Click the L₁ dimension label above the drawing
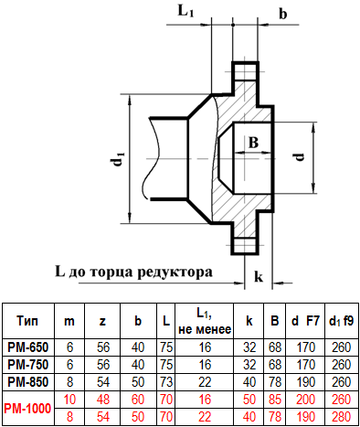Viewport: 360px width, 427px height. click(185, 11)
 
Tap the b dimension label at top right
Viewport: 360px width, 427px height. click(283, 14)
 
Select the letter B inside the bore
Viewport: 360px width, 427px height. click(253, 142)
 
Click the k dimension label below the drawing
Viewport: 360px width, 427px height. click(259, 276)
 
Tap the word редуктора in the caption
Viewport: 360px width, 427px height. click(175, 272)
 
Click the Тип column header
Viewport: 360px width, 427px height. click(27, 321)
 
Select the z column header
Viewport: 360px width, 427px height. click(102, 321)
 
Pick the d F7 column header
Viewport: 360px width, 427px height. click(305, 321)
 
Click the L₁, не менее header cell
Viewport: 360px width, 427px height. click(205, 321)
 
